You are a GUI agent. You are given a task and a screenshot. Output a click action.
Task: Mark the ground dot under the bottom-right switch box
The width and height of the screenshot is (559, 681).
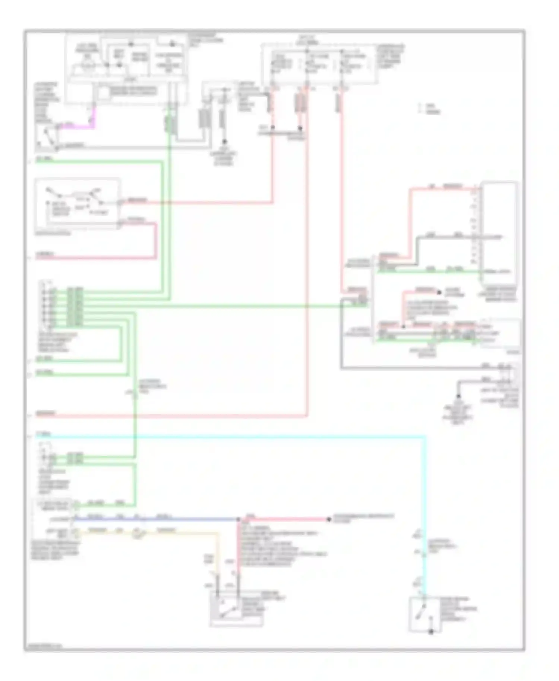[x=431, y=632]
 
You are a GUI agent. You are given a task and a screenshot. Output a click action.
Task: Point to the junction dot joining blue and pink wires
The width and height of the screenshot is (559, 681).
[x=239, y=519]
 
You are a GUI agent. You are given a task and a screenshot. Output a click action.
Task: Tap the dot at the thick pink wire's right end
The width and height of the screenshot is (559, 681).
[x=329, y=519]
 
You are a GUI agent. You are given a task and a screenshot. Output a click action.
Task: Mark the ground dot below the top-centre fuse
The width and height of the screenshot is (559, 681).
[x=224, y=142]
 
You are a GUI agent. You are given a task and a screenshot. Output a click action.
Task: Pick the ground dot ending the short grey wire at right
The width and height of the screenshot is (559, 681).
[x=458, y=396]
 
